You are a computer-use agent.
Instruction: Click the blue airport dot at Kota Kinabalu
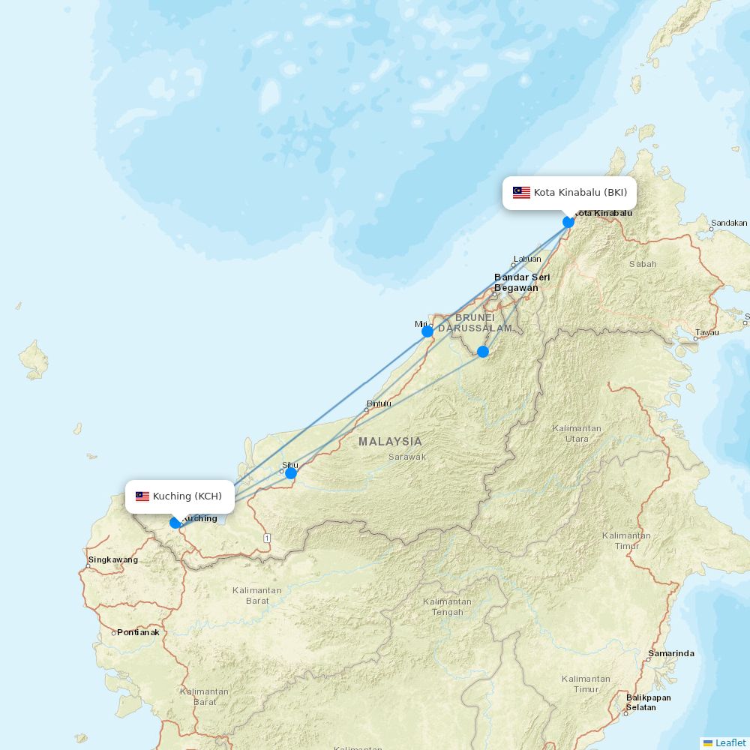tap(568, 221)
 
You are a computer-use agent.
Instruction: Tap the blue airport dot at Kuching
tap(175, 523)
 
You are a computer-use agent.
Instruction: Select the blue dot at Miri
tap(427, 331)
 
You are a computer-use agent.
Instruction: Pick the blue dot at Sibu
tap(291, 473)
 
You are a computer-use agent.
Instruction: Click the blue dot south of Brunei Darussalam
tap(483, 351)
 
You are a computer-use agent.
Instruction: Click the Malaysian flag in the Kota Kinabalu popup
tap(521, 193)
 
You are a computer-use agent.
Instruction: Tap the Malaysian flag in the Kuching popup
tap(142, 496)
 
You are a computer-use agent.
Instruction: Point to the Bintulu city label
tap(379, 403)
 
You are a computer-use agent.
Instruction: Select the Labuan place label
tap(526, 259)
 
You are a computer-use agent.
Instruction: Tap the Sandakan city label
tap(729, 223)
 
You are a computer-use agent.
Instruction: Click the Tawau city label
tap(706, 332)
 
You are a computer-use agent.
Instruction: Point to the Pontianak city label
tap(138, 632)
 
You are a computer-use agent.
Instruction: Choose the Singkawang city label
tap(113, 559)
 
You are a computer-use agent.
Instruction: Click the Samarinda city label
tap(671, 653)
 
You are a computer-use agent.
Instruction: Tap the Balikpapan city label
tap(648, 697)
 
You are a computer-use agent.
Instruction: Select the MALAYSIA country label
tap(390, 442)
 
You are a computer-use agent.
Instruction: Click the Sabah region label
tap(643, 264)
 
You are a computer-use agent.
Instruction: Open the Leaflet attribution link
tap(730, 742)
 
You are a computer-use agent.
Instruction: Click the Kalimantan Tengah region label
tap(447, 607)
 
